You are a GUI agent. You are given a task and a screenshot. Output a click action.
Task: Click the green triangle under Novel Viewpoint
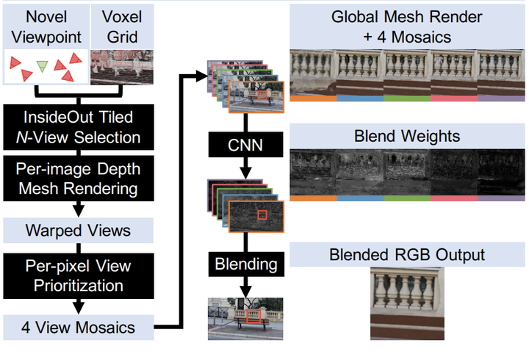click(43, 66)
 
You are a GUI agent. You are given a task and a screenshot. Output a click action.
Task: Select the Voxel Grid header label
click(121, 25)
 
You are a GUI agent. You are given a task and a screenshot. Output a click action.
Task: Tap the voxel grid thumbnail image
click(121, 68)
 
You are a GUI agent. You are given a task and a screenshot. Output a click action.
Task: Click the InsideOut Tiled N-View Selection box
click(78, 126)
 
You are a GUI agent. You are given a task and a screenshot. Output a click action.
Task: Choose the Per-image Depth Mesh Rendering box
click(78, 179)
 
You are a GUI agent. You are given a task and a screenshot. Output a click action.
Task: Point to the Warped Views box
click(78, 231)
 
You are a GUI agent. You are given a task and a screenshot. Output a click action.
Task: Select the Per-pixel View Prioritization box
click(78, 274)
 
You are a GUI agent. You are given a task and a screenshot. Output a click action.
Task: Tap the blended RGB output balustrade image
click(408, 303)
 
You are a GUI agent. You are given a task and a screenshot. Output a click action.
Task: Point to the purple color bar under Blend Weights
click(501, 198)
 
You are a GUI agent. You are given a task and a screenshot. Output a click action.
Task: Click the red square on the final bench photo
click(253, 316)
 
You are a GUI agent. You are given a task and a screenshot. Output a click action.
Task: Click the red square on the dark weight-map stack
click(261, 215)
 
